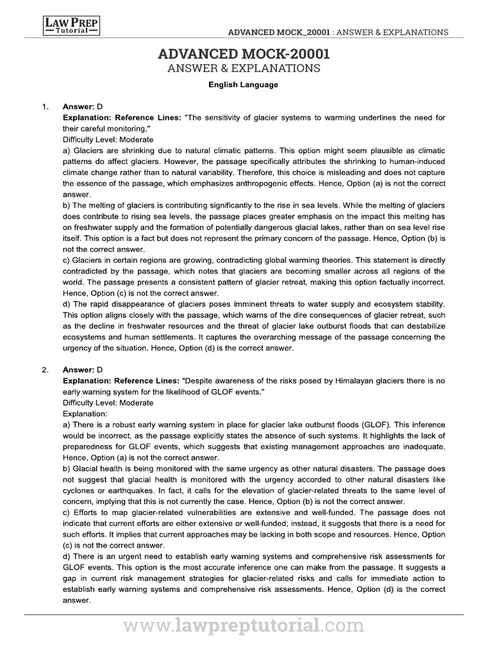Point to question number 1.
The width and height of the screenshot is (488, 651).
(x=45, y=106)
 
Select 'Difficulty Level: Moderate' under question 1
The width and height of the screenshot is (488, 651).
(x=108, y=139)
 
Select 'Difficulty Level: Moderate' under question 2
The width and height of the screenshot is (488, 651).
(x=108, y=402)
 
